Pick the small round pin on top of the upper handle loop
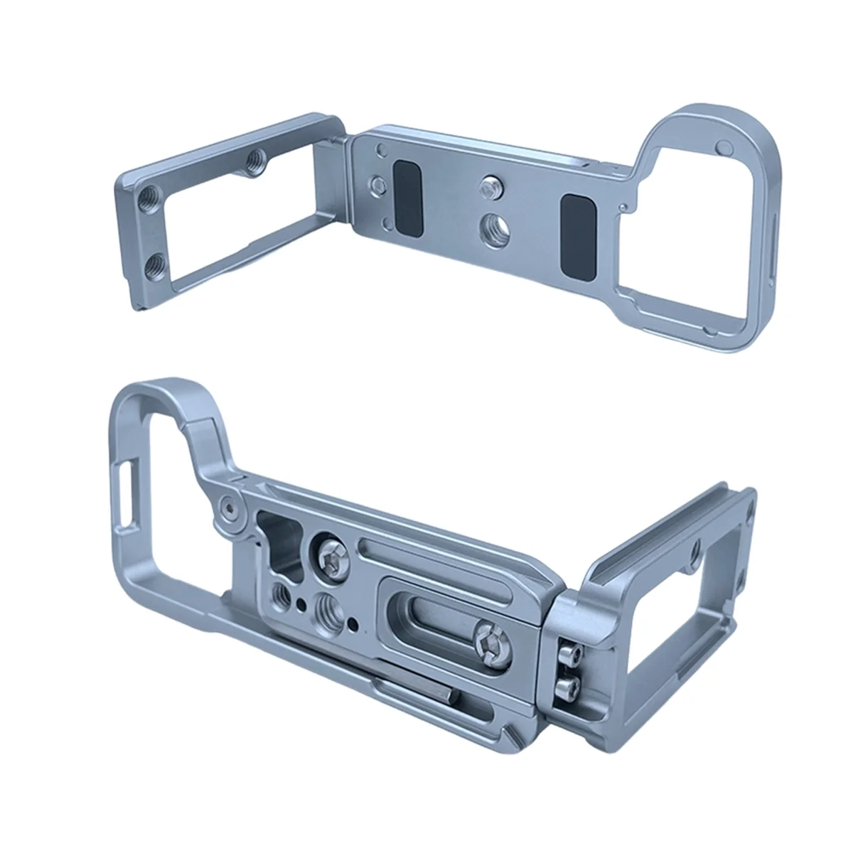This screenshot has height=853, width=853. coord(724,147)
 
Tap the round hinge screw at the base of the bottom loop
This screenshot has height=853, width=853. coord(229,508)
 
